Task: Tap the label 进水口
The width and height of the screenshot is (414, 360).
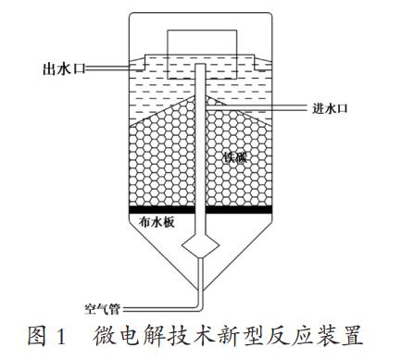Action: pyautogui.click(x=327, y=108)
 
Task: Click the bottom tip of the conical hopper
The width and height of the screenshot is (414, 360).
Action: pyautogui.click(x=198, y=294)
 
